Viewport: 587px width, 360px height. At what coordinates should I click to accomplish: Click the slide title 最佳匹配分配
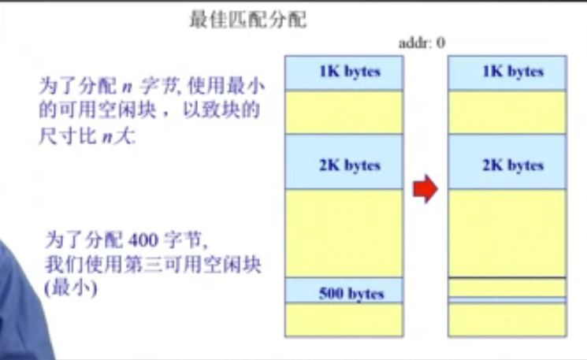(x=247, y=20)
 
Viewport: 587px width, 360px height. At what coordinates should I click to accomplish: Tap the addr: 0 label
(x=422, y=43)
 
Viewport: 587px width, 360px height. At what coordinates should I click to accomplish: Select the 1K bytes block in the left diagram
(x=344, y=72)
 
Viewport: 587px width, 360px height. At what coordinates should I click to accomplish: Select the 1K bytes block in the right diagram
(x=507, y=72)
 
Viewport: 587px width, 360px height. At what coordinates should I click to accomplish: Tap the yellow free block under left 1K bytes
(x=344, y=111)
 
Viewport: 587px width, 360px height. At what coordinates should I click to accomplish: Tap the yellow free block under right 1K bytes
(x=507, y=111)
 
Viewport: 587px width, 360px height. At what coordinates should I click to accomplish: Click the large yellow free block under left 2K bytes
(x=344, y=233)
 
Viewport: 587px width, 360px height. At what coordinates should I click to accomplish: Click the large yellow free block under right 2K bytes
(x=507, y=233)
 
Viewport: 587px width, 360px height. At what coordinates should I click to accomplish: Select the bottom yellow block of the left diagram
(x=344, y=319)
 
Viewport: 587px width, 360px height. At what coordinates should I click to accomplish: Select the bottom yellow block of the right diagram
(x=507, y=319)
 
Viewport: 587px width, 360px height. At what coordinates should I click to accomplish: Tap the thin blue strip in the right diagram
(x=507, y=300)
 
